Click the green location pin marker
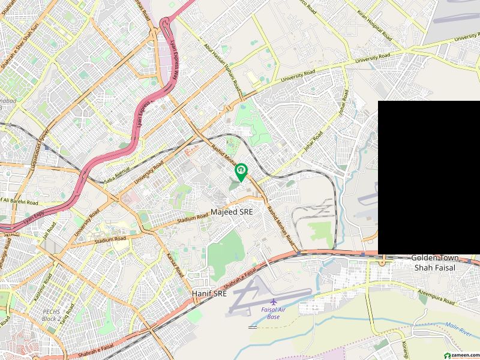tap(241, 172)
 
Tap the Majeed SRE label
tap(232, 212)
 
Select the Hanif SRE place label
tap(209, 294)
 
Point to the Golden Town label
tap(434, 257)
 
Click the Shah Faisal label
tap(435, 268)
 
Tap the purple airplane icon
tap(274, 301)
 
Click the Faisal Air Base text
tap(274, 313)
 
